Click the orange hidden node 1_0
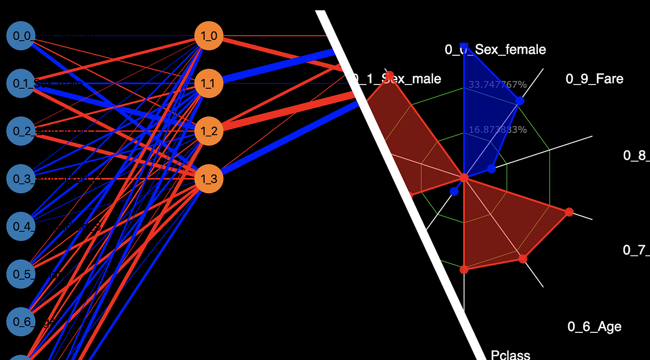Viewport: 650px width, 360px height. (209, 36)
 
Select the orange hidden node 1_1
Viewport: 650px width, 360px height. (209, 83)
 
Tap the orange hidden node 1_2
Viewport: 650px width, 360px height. (209, 131)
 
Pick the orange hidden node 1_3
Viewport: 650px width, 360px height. (209, 179)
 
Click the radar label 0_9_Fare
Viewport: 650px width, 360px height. (594, 79)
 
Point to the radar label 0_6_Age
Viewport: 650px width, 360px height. (594, 326)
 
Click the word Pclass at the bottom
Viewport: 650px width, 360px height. (510, 355)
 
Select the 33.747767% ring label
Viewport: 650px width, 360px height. (497, 84)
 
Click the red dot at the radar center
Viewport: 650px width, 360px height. (464, 178)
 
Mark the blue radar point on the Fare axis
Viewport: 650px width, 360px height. (519, 101)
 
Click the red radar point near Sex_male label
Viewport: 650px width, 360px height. (389, 75)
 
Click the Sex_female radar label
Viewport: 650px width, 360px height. (495, 50)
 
